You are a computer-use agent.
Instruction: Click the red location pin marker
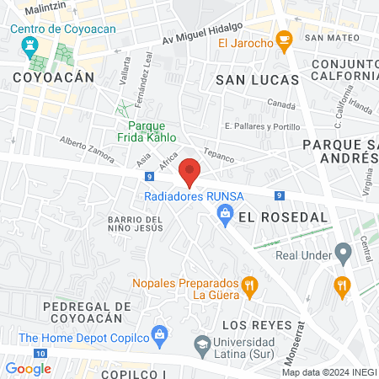pyautogui.click(x=190, y=172)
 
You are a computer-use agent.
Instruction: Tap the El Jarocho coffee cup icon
pyautogui.click(x=284, y=40)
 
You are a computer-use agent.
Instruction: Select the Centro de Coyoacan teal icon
pyautogui.click(x=31, y=45)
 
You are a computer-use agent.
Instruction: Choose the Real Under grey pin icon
pyautogui.click(x=342, y=252)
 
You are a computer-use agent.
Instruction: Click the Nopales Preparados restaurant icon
pyautogui.click(x=250, y=286)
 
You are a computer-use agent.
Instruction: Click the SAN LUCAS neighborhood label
pyautogui.click(x=257, y=79)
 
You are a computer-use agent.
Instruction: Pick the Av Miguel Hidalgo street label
pyautogui.click(x=202, y=35)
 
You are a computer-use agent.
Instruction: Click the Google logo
pyautogui.click(x=28, y=368)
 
